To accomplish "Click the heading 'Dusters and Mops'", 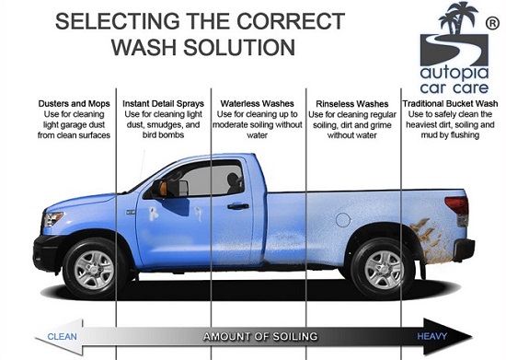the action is pos(74,104).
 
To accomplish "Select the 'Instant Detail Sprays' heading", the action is pos(163,104).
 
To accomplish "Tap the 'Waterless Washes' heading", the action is pos(258,104).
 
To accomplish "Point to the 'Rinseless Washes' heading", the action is pos(352,104).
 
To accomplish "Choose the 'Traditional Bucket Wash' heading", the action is pos(450,104).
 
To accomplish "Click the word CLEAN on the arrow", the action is pos(62,337).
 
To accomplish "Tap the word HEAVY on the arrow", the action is pos(431,336).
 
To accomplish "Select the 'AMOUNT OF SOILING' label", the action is pos(260,337).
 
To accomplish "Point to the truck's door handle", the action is pos(238,206).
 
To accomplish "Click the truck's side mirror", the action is pos(169,188).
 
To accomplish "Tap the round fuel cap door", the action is pos(343,220).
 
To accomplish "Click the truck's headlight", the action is pos(52,219).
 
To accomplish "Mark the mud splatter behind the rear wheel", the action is pos(431,239).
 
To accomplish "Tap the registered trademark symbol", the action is pos(492,24).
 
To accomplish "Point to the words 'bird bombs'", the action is pos(163,135).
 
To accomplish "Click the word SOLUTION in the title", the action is pos(239,47).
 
